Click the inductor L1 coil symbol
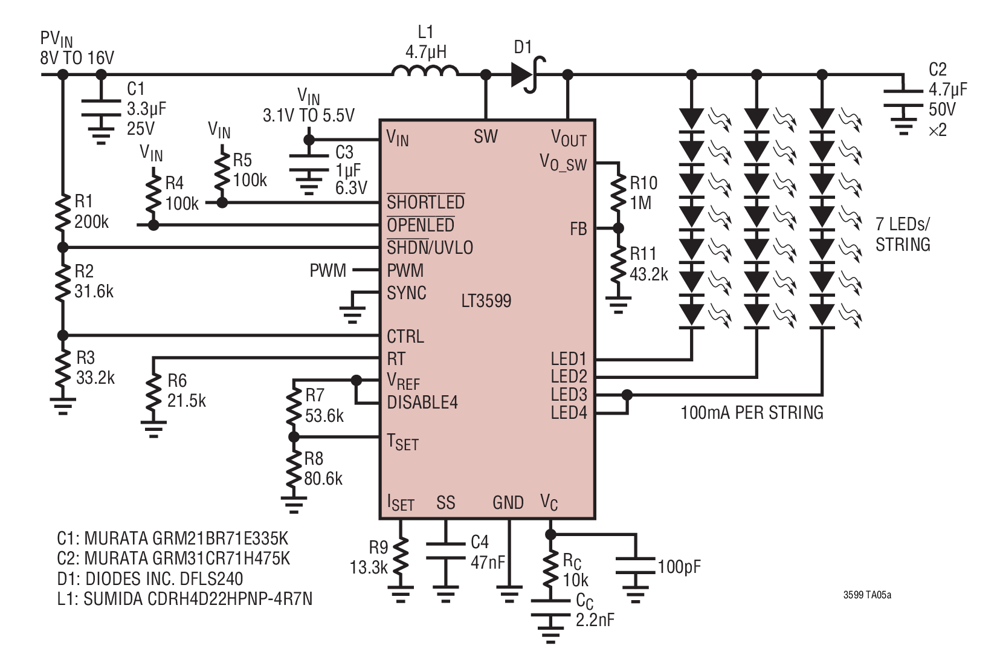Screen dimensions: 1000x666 coord(425,71)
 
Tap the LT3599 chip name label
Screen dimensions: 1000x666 coord(486,301)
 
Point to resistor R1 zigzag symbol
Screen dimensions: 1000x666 coord(62,213)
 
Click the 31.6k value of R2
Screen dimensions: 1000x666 coord(94,291)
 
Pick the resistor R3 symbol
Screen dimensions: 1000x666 coord(62,369)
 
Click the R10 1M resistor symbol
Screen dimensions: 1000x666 coord(618,193)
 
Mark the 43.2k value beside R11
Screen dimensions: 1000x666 coord(649,274)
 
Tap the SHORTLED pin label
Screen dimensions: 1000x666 coord(425,202)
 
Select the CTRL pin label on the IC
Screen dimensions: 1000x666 coord(405,336)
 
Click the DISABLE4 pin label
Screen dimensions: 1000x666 coord(422,402)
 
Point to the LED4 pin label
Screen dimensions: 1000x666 coord(569,412)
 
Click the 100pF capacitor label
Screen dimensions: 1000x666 coord(679,567)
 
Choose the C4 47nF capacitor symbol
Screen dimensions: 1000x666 coord(445,551)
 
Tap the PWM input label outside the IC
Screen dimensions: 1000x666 coord(327,270)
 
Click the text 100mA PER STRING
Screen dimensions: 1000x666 coord(752,412)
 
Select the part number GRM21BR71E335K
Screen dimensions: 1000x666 coord(220,538)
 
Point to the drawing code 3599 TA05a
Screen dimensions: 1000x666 coord(867,595)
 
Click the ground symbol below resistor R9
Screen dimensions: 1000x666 coord(401,593)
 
